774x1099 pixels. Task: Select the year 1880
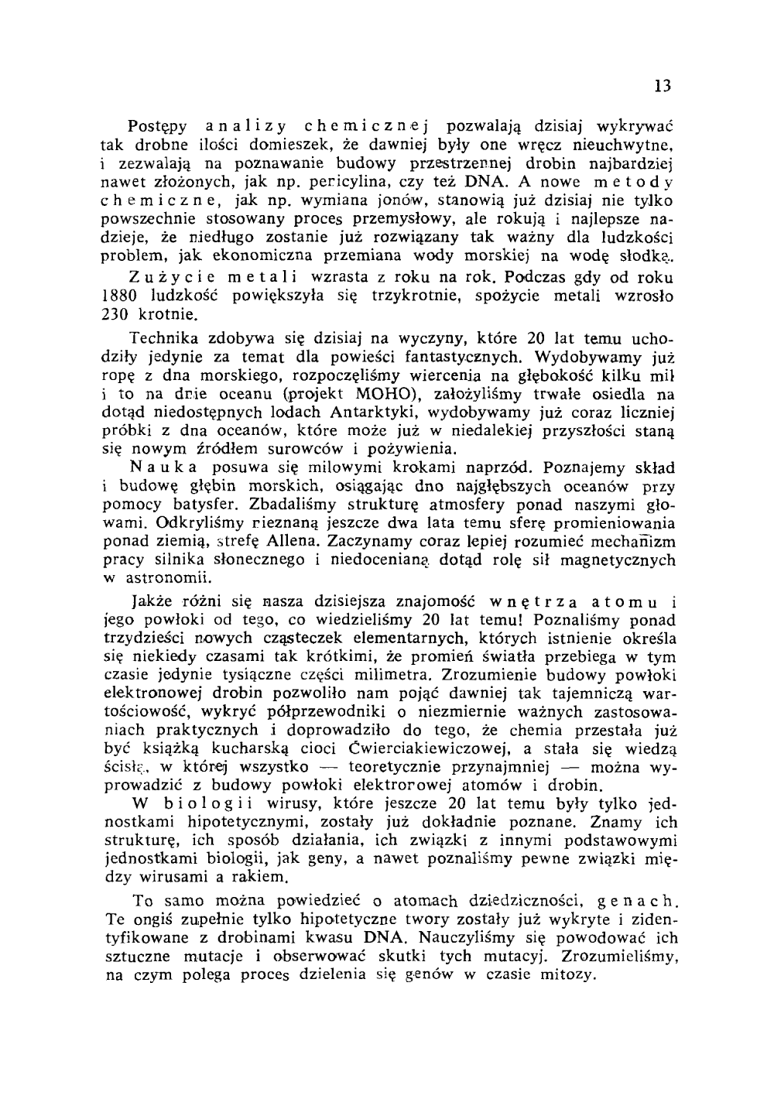click(x=119, y=296)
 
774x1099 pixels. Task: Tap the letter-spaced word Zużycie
click(x=166, y=278)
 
